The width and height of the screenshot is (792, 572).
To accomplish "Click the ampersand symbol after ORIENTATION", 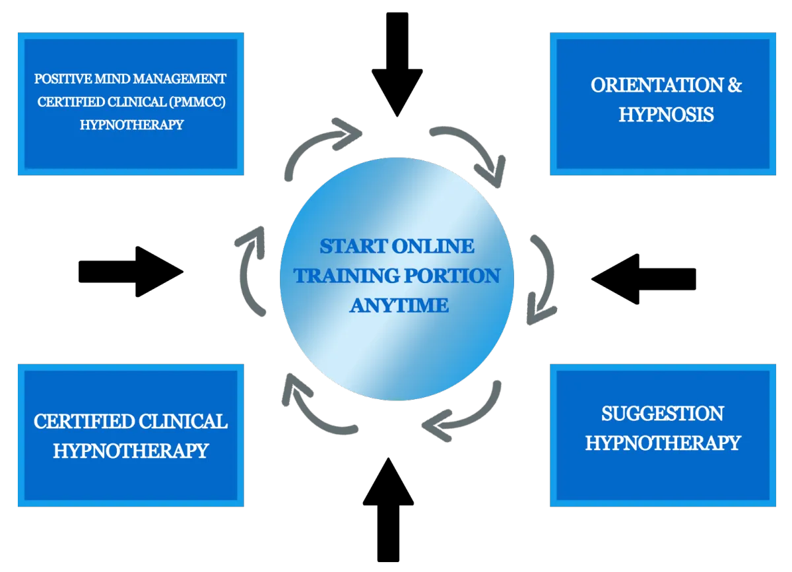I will pyautogui.click(x=733, y=85).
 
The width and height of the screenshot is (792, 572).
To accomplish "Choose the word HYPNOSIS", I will pyautogui.click(x=666, y=114).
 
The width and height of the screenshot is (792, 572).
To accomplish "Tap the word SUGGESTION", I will pyautogui.click(x=662, y=414).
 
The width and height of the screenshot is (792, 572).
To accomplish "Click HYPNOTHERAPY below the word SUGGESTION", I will pyautogui.click(x=663, y=442).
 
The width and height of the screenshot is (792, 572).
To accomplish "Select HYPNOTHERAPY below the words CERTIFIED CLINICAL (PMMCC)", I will pyautogui.click(x=131, y=124).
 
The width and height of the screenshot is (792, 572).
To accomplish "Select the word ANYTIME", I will pyautogui.click(x=399, y=305).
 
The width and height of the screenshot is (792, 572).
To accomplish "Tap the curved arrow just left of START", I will pyautogui.click(x=252, y=270).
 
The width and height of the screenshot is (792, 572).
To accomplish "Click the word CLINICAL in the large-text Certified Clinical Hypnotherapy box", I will pyautogui.click(x=178, y=421).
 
